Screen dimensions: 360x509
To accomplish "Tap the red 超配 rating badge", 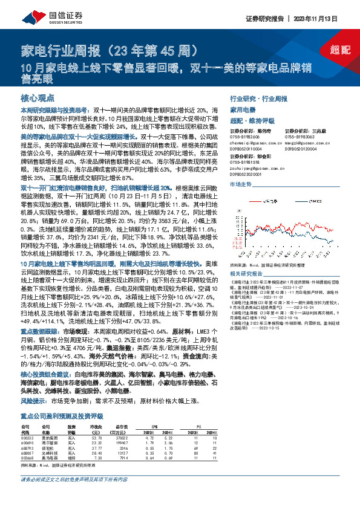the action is coord(341,52).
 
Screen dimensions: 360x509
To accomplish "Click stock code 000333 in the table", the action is coord(28,445).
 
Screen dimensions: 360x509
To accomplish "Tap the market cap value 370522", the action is coord(121,445).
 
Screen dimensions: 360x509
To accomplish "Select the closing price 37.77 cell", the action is coord(95,456).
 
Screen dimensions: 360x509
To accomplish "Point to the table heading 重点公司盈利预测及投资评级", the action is coord(62,417).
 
